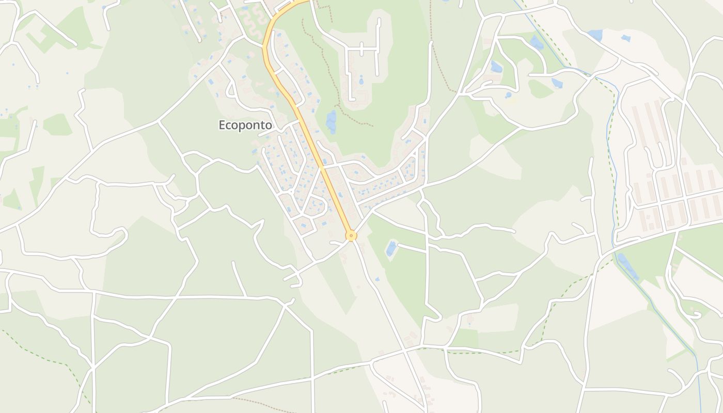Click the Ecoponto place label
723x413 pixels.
point(245,125)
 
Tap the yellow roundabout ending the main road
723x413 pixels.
point(351,236)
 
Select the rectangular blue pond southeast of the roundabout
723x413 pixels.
point(391,248)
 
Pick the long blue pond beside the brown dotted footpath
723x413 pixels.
point(331,121)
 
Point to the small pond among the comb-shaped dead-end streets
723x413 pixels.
point(360,81)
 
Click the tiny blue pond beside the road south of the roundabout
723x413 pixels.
point(377,279)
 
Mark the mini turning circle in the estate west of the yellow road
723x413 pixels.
point(291,192)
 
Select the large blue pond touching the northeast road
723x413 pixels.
point(595,35)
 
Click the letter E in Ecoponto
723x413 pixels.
point(223,125)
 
